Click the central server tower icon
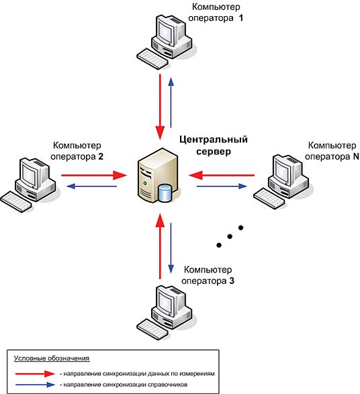[x=157, y=175]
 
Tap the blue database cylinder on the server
[x=165, y=193]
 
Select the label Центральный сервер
[x=214, y=145]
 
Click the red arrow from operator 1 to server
[x=160, y=107]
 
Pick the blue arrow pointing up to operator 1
[x=171, y=102]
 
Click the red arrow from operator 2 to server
[x=94, y=175]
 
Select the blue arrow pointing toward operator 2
[x=92, y=186]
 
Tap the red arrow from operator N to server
[x=222, y=175]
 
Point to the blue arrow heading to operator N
[x=222, y=186]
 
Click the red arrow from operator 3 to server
[x=160, y=246]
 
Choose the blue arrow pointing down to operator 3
[x=171, y=248]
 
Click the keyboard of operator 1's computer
[x=152, y=59]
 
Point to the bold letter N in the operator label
[x=356, y=156]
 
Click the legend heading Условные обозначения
[x=52, y=358]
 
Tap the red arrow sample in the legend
[x=35, y=374]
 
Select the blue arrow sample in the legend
[x=35, y=385]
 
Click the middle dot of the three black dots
[x=230, y=236]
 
